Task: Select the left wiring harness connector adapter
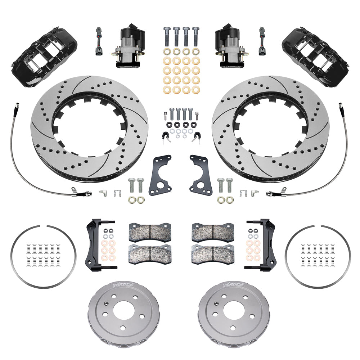98,41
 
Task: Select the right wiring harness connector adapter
262,41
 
